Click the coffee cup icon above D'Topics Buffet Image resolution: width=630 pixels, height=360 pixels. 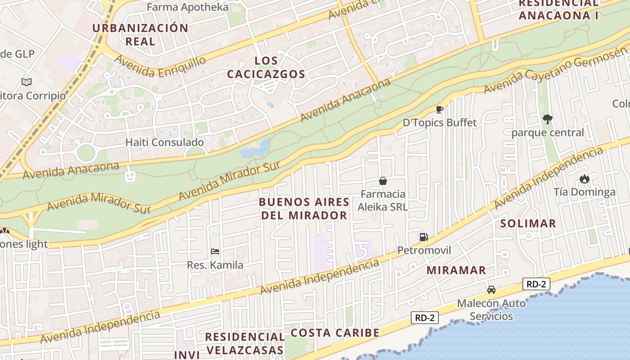440,109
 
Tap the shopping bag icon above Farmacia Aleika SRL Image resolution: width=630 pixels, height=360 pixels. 383,181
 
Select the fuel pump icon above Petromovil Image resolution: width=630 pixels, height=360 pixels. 423,237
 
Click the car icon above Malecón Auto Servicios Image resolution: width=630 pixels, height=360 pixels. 491,290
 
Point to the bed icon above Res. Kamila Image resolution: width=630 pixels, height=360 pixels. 215,252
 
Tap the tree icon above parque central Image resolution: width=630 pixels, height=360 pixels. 547,119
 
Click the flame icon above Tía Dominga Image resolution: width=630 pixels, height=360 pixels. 584,179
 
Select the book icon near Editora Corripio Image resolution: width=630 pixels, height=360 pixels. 27,82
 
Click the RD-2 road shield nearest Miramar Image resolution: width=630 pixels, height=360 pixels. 536,284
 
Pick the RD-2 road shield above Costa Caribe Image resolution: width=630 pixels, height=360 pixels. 425,318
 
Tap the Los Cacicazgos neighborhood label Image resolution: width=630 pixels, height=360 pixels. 266,67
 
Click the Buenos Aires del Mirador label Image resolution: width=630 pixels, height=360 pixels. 304,208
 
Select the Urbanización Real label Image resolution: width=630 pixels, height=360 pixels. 140,35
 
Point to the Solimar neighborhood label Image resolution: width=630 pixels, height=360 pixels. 528,223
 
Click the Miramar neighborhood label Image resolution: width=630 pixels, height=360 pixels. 456,270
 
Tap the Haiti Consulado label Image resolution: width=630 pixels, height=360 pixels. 164,142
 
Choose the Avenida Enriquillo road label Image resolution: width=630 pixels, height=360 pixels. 160,67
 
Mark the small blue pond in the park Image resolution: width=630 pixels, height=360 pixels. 255,149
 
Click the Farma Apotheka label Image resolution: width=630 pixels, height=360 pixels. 188,7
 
